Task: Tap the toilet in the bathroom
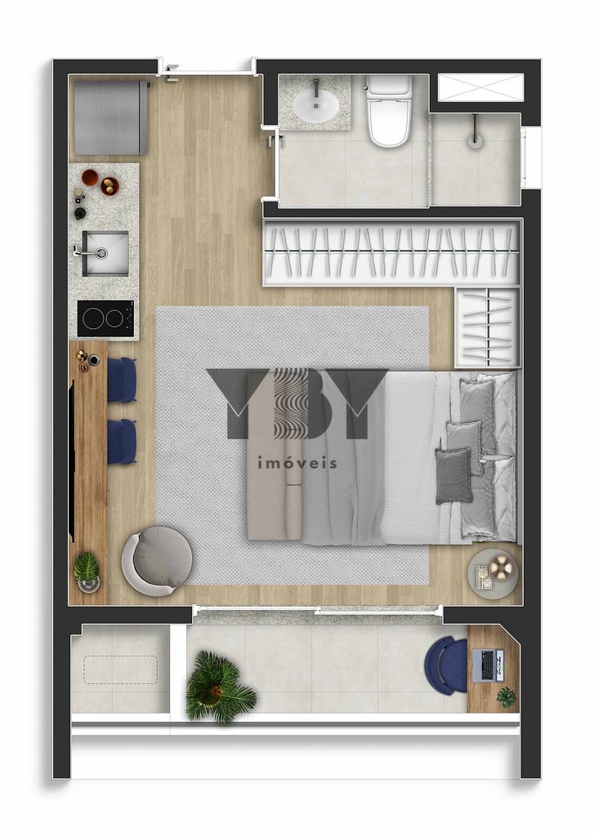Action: (389, 111)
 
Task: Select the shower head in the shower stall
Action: (474, 140)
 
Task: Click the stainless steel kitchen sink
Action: (105, 253)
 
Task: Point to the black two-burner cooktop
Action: (105, 318)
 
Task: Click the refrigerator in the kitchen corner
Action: (111, 118)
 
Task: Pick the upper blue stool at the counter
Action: (123, 380)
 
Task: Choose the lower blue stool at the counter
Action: (123, 442)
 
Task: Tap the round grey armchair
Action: (157, 561)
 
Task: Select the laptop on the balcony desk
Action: (489, 665)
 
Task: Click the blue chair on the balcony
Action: (446, 665)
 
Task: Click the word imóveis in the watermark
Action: (297, 463)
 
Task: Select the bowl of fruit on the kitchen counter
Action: (110, 186)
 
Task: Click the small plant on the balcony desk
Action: (506, 697)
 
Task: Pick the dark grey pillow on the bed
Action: (453, 476)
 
